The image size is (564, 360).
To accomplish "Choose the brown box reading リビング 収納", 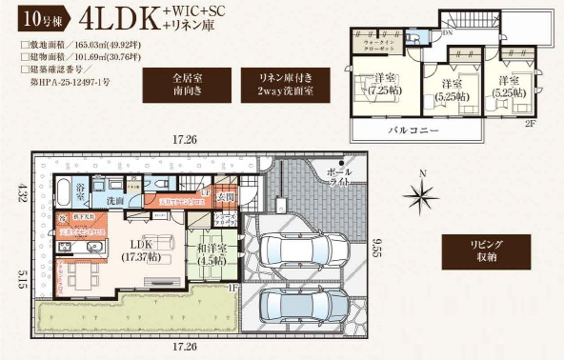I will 480,250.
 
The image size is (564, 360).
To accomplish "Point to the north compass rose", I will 419,195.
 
